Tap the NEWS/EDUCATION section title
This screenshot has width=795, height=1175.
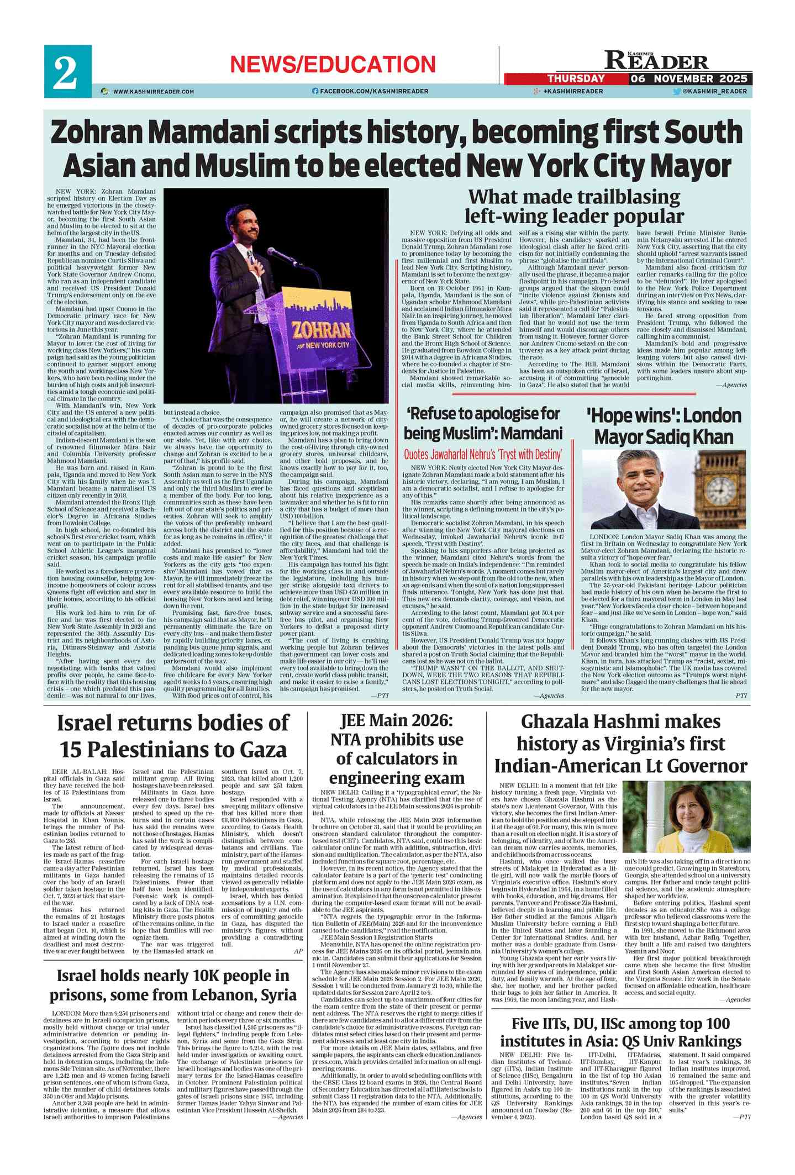[x=333, y=64]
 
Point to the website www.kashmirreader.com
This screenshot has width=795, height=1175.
[x=153, y=91]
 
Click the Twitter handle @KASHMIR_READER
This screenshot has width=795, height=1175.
[x=714, y=91]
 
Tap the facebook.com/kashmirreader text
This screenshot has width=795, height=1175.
[x=373, y=91]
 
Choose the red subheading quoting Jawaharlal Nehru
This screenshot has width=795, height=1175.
[x=483, y=455]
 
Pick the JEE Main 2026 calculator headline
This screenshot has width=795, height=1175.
[x=396, y=749]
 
